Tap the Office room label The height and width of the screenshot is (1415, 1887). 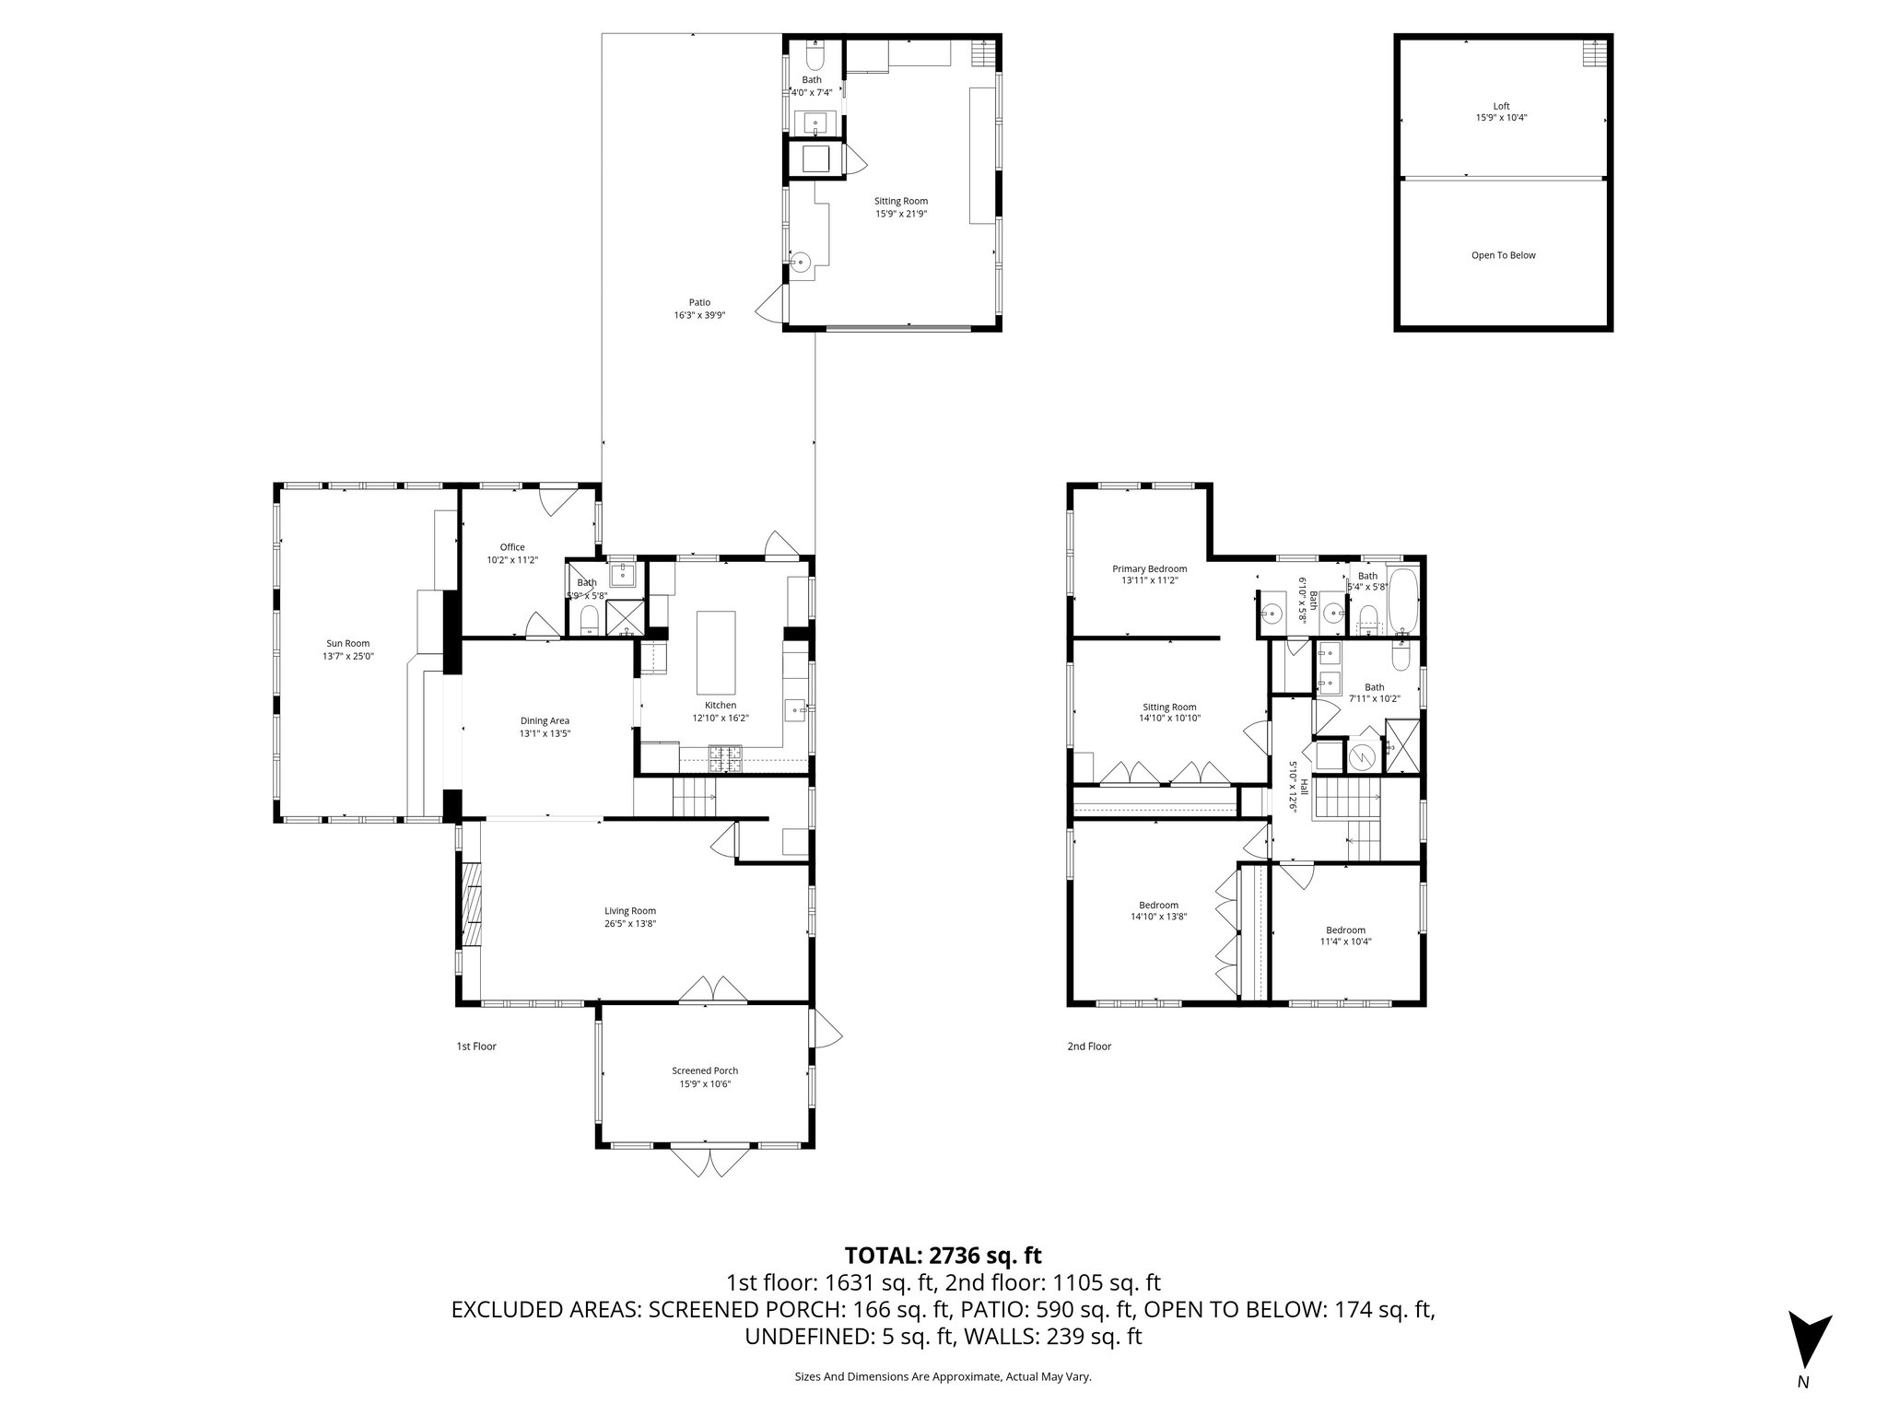tap(512, 547)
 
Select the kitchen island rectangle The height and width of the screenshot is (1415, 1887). tap(717, 652)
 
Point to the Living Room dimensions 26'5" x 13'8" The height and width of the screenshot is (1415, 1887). tap(630, 923)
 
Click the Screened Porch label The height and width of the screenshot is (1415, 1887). tap(705, 1070)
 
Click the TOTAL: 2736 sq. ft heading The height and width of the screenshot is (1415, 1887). tap(943, 1255)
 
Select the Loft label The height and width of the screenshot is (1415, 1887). tap(1502, 106)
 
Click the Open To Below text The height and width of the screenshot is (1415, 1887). tap(1503, 255)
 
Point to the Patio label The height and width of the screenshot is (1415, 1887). tap(699, 302)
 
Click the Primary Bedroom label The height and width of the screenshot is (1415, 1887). tap(1149, 568)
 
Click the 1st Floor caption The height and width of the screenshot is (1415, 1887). tap(476, 1046)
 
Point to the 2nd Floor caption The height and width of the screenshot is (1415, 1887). tap(1089, 1046)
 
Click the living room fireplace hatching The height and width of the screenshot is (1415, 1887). tap(471, 905)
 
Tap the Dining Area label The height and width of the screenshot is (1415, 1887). tap(545, 720)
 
